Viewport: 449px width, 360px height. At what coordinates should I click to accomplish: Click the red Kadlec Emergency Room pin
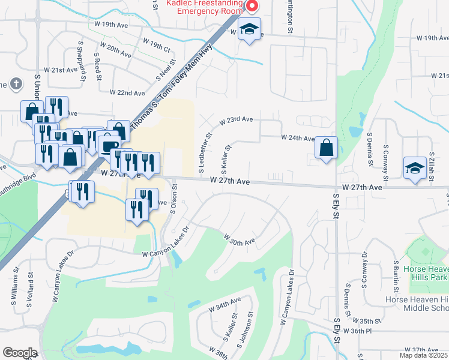(x=252, y=7)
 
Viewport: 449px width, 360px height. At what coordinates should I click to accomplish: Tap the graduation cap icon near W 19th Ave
(x=249, y=29)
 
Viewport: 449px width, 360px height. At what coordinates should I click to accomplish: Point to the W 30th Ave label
(x=240, y=240)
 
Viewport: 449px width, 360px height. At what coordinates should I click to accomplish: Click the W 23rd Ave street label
(x=236, y=120)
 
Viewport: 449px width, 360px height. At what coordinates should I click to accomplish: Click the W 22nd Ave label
(x=127, y=93)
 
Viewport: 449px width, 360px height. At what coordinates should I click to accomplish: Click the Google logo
(x=20, y=353)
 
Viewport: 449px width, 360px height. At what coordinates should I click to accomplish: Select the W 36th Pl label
(x=362, y=331)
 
